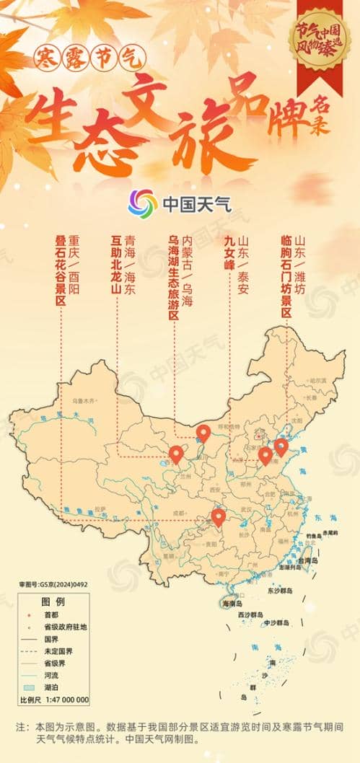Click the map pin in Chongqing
218,516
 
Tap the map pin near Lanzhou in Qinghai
177,454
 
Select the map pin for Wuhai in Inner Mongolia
203,432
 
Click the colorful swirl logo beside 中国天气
143,203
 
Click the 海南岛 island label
234,604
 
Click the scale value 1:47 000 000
64,700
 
